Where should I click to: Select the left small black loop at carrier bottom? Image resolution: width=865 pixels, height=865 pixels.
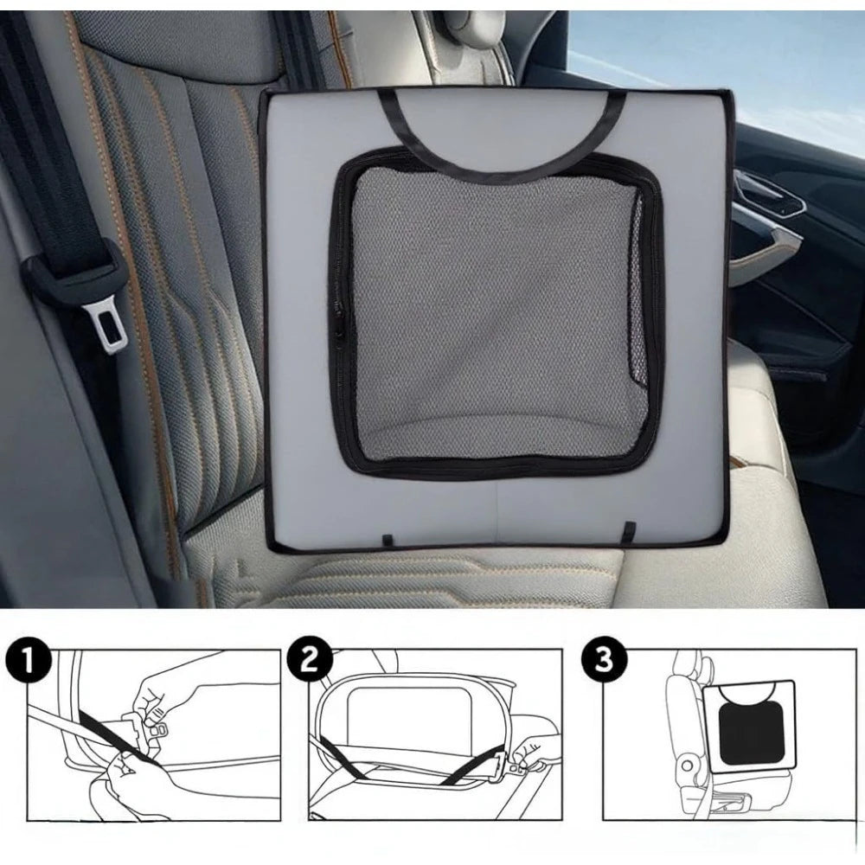[x=388, y=539]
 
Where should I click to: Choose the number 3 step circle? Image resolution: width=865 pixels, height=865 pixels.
[x=604, y=659]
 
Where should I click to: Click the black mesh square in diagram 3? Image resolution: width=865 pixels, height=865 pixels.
[x=751, y=733]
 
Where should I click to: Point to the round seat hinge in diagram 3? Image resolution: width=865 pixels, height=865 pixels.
[x=688, y=766]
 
